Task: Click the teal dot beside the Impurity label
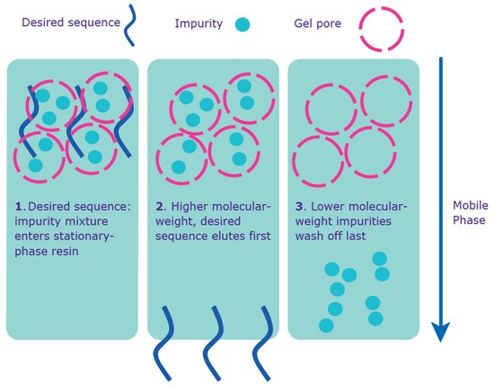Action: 240,23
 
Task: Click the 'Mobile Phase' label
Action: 470,211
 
